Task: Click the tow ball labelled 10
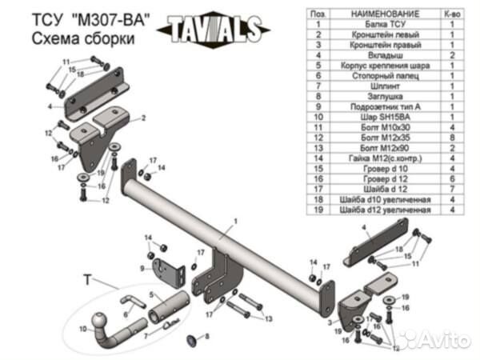(x=103, y=320)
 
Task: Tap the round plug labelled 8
(x=190, y=341)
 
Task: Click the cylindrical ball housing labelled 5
(x=167, y=307)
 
